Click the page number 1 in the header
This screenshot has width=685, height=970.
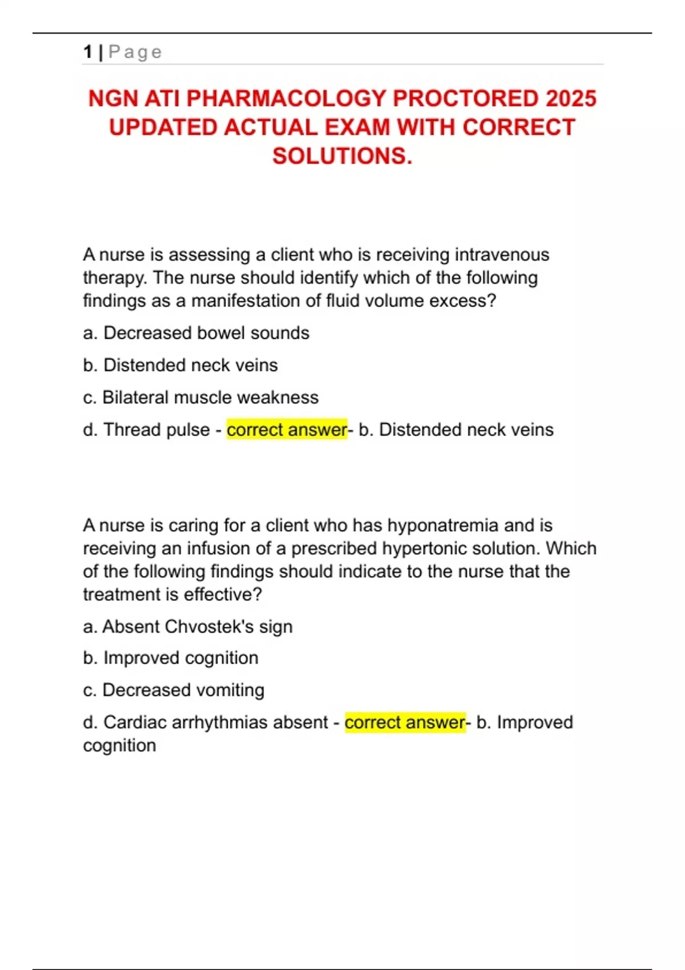(87, 52)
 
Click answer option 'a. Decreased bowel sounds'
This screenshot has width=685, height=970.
(196, 333)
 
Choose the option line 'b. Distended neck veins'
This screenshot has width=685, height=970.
(180, 365)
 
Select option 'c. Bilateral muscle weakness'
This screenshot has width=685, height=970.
(200, 397)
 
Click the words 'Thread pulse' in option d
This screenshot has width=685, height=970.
(156, 430)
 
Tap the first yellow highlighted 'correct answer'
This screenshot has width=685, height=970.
(287, 430)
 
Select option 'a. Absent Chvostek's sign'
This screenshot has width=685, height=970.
(187, 627)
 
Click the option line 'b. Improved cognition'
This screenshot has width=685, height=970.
(170, 658)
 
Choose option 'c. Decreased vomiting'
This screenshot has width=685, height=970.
(174, 690)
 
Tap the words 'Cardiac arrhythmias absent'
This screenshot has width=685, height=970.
(215, 722)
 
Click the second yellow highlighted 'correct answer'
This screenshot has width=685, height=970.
(405, 722)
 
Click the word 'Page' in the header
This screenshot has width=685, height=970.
(135, 52)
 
